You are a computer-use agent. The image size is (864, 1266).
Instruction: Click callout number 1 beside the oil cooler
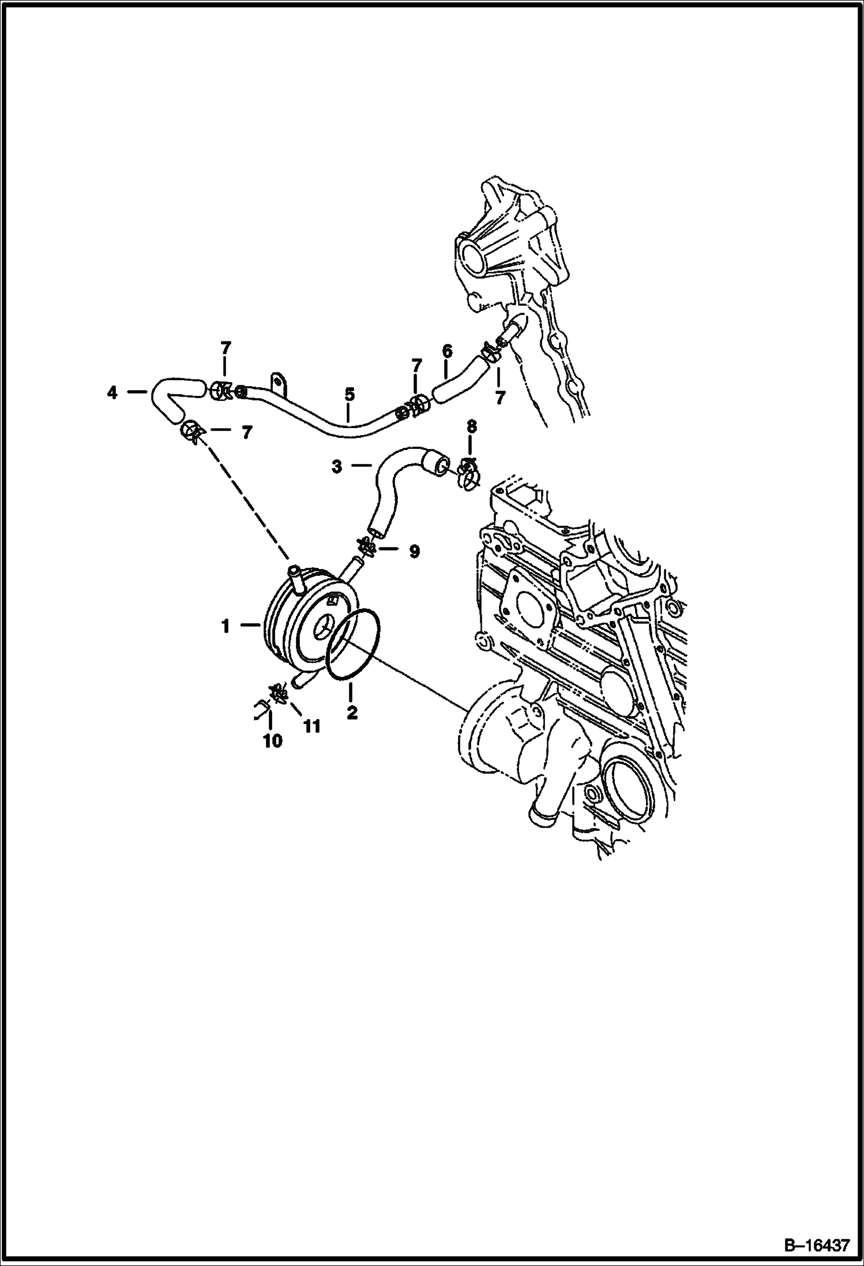click(x=226, y=625)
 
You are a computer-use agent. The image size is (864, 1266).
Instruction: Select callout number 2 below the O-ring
click(x=352, y=713)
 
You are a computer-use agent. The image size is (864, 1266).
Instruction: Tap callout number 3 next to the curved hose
click(x=337, y=466)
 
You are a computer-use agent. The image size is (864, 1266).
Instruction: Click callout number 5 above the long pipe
click(x=349, y=395)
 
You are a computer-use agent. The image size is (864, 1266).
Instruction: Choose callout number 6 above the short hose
click(x=447, y=351)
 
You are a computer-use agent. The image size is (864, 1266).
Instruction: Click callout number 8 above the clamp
click(x=472, y=427)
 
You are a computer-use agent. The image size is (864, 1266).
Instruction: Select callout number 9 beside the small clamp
click(x=414, y=551)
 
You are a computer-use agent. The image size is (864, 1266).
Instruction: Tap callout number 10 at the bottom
click(x=272, y=741)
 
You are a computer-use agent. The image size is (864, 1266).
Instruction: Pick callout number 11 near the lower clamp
click(x=311, y=726)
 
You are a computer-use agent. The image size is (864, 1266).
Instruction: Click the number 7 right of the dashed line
click(x=246, y=433)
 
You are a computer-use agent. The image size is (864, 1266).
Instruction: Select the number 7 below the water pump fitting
click(x=499, y=398)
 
